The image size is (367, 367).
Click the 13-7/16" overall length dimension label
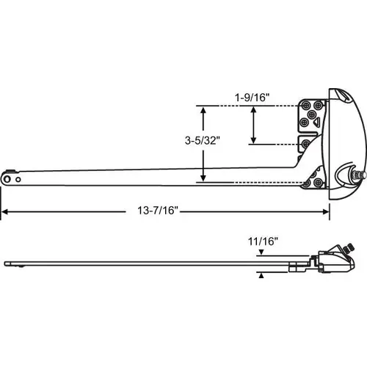158,211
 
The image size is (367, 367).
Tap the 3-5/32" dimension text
203,141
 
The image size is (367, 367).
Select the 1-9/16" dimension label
252,98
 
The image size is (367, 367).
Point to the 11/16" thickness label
264,241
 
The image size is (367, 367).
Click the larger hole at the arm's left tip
7,179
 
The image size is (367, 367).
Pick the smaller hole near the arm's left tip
18,179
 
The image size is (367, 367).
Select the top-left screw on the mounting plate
305,106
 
